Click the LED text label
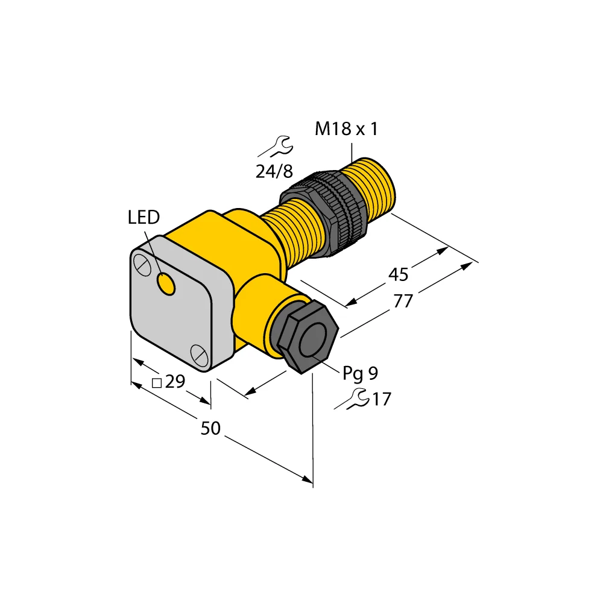click(x=144, y=218)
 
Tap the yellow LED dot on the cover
click(x=165, y=283)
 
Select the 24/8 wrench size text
click(x=274, y=172)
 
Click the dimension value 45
click(x=398, y=275)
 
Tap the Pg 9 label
click(x=360, y=374)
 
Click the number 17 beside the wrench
click(x=382, y=399)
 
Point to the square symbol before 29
click(x=156, y=383)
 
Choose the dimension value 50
click(x=210, y=429)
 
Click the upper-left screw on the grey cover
click(x=142, y=265)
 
